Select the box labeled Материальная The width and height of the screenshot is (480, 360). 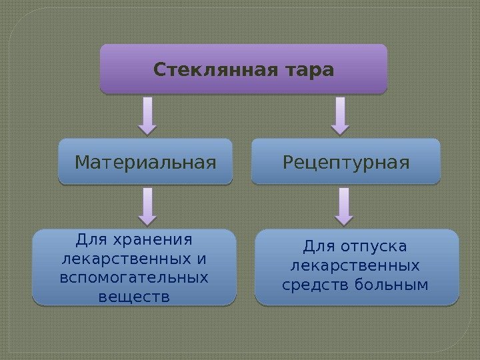(x=145, y=161)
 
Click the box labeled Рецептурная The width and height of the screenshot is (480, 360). (x=346, y=161)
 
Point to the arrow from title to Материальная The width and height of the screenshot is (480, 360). (x=147, y=115)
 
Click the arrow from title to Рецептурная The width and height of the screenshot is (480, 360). (x=340, y=115)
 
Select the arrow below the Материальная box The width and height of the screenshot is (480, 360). (x=147, y=205)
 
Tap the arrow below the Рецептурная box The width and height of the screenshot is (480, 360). (x=344, y=205)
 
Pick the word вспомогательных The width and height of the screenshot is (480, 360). (x=134, y=277)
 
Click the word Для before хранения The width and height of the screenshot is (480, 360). (x=91, y=239)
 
